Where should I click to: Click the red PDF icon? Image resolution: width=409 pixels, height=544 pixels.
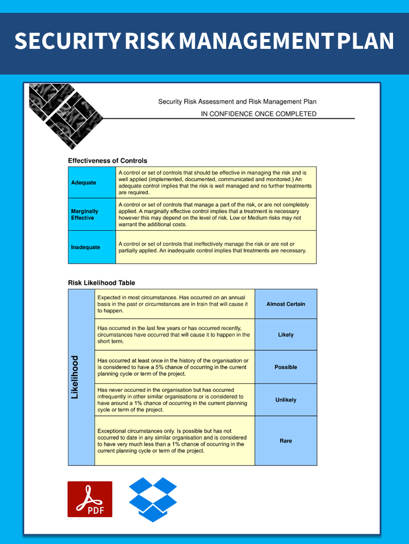(x=90, y=499)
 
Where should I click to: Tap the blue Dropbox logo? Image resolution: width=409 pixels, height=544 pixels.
(x=152, y=499)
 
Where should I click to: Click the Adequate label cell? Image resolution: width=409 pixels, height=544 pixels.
(x=92, y=183)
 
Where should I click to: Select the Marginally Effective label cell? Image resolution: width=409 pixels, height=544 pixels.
(x=92, y=214)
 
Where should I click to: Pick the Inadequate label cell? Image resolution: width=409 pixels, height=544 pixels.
(x=92, y=247)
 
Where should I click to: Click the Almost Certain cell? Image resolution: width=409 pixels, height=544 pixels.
(x=285, y=304)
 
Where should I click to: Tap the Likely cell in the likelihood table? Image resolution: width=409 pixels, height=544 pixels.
(x=285, y=335)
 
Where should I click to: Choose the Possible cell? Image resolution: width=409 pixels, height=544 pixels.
(x=285, y=367)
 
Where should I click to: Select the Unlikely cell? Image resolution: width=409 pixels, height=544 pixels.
(x=285, y=400)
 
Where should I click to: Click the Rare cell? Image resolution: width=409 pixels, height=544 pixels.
(x=285, y=441)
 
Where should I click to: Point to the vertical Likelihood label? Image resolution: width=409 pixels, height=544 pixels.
(x=75, y=377)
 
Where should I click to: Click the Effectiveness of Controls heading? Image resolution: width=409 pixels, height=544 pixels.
(x=108, y=160)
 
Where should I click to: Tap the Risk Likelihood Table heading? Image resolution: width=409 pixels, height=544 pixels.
(x=101, y=283)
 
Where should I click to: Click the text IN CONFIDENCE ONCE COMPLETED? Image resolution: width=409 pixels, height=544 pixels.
(x=259, y=114)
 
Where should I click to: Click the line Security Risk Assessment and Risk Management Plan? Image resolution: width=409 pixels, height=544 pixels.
(x=237, y=102)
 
